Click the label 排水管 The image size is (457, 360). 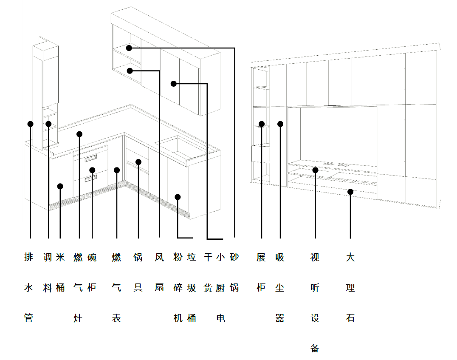pos(29,287)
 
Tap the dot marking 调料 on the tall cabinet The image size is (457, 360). pos(48,124)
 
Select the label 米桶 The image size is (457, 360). pos(60,272)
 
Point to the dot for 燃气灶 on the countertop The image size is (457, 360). pos(79,134)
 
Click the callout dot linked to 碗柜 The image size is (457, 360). pos(92,170)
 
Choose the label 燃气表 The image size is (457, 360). pos(116,287)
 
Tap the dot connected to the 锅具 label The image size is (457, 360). pos(138,162)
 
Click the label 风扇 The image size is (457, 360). pos(159,272)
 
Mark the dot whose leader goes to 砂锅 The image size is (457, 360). pos(129,48)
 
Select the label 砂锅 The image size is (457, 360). pos(234,272)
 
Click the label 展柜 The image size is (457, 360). pos(261,272)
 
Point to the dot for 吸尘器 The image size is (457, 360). pos(280,124)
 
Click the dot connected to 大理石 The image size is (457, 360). pos(350,192)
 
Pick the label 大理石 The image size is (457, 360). pos(350,287)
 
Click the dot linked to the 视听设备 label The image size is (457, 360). pos(315,170)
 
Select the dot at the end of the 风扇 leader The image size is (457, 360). pos(130,71)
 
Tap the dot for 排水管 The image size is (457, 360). pos(30,124)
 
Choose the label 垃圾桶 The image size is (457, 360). pos(192,287)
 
